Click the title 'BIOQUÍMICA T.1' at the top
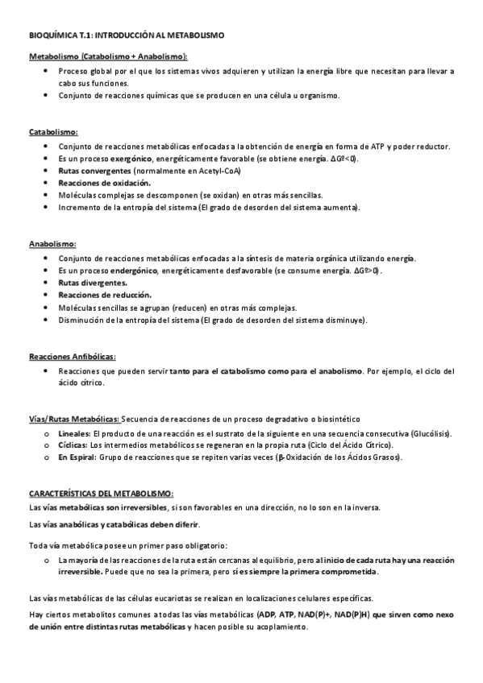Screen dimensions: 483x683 (60, 36)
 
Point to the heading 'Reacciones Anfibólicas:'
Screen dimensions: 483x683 (72, 355)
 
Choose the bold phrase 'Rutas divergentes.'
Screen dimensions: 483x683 (92, 283)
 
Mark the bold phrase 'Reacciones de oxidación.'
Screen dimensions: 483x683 (105, 183)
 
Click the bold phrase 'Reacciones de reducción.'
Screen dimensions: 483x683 (104, 295)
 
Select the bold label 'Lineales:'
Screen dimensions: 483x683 (75, 433)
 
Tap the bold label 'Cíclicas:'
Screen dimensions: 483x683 (73, 445)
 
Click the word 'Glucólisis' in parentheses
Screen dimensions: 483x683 (430, 433)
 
